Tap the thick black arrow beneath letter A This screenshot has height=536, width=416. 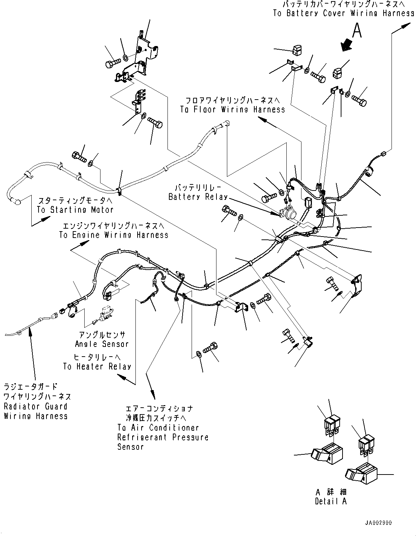(x=347, y=45)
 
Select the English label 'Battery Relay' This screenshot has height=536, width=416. (x=198, y=197)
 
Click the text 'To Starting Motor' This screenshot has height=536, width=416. (x=75, y=210)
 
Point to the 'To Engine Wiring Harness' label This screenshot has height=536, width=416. (x=114, y=235)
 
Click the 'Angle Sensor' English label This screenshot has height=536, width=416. (x=102, y=344)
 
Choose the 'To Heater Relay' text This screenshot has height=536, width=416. (x=97, y=367)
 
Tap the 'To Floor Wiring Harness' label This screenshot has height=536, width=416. (x=232, y=110)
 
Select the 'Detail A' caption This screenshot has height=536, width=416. (x=330, y=501)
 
